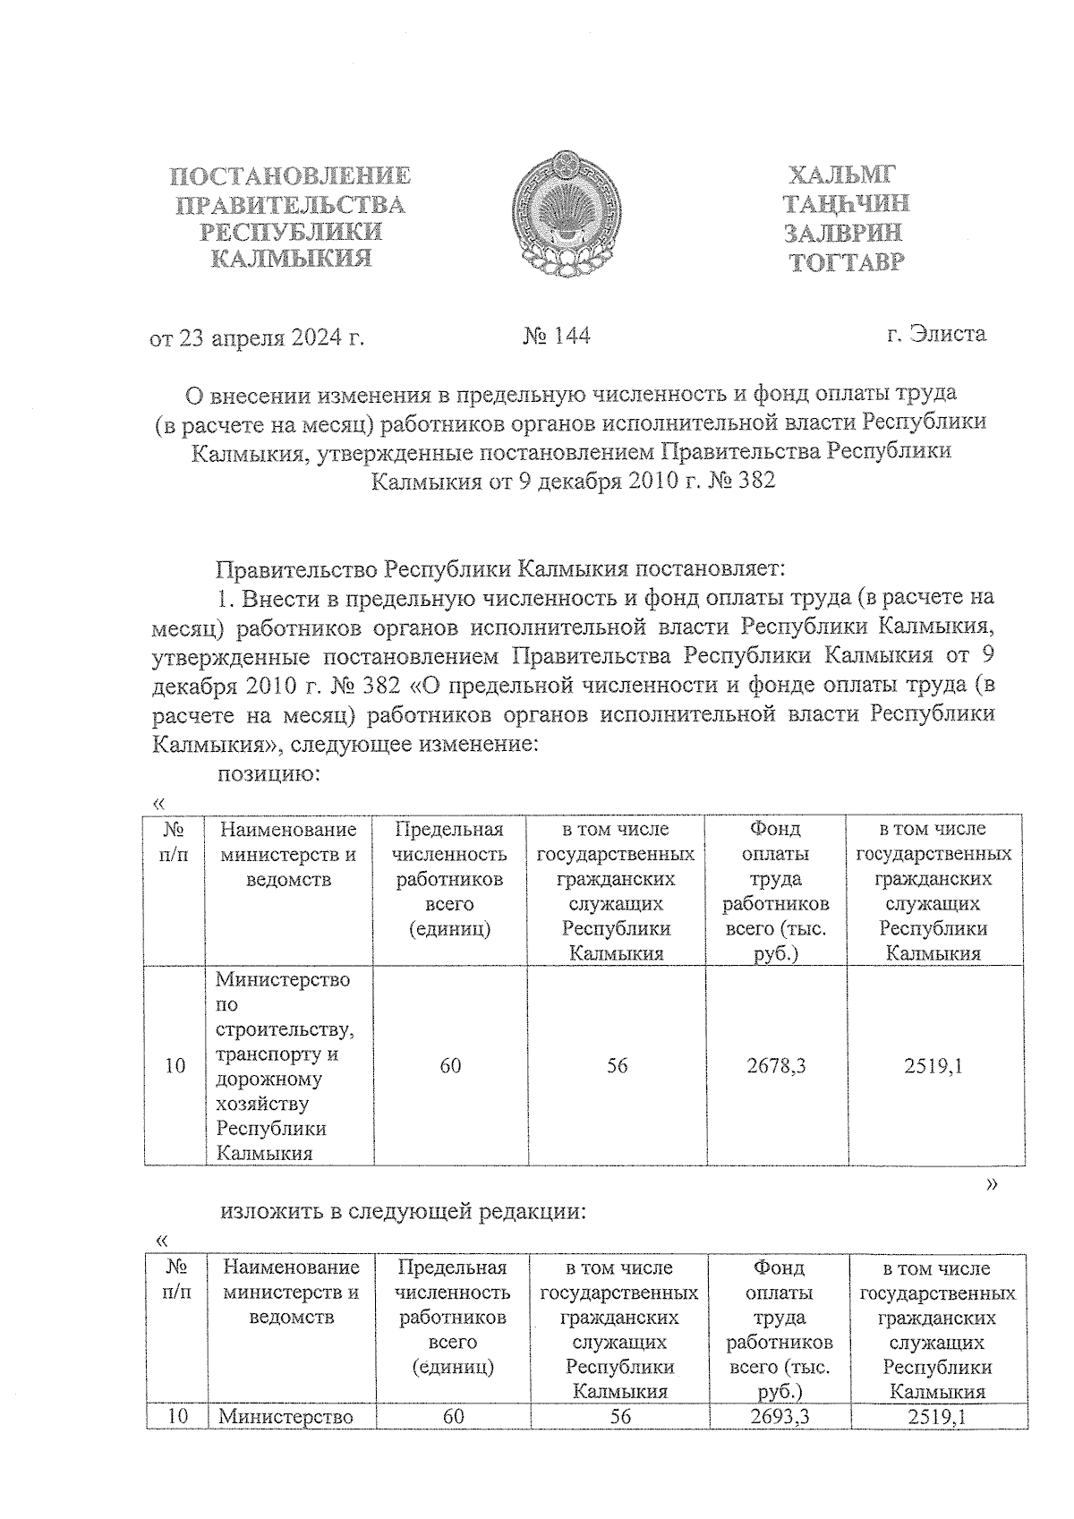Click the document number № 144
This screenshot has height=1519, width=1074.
coord(556,336)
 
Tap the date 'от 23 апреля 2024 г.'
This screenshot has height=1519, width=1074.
coord(257,337)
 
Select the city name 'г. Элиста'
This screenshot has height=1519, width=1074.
coord(936,334)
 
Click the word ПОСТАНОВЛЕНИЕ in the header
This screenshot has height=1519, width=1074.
coord(291,176)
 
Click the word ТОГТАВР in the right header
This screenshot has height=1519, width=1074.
coord(846,262)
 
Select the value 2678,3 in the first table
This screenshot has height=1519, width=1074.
coord(776,1065)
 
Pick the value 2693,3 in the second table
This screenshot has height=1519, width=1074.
coord(780,1417)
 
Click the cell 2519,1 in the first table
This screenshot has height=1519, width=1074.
coord(933,1065)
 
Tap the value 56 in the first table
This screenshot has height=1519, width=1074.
coord(617,1065)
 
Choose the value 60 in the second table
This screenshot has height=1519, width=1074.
coord(453,1417)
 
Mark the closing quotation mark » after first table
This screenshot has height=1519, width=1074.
coord(991,1184)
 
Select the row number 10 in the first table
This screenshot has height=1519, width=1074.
coord(175,1065)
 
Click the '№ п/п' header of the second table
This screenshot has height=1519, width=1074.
coord(177,1280)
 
